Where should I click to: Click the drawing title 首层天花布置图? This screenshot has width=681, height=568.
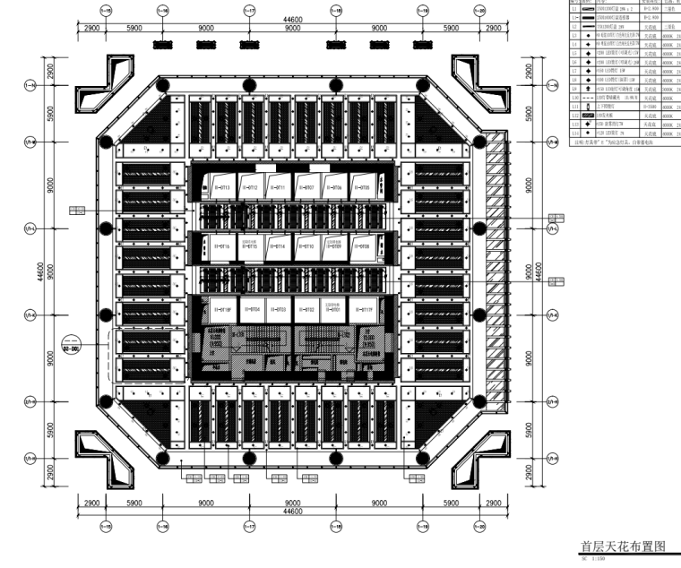622,546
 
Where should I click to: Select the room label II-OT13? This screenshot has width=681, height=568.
223,188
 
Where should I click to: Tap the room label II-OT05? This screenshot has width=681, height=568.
361,188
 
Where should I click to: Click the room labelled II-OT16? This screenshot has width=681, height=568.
223,245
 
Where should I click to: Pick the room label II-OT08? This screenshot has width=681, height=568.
361,245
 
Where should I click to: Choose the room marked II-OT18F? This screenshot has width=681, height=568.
223,310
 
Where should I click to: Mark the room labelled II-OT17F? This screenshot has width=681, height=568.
363,310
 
